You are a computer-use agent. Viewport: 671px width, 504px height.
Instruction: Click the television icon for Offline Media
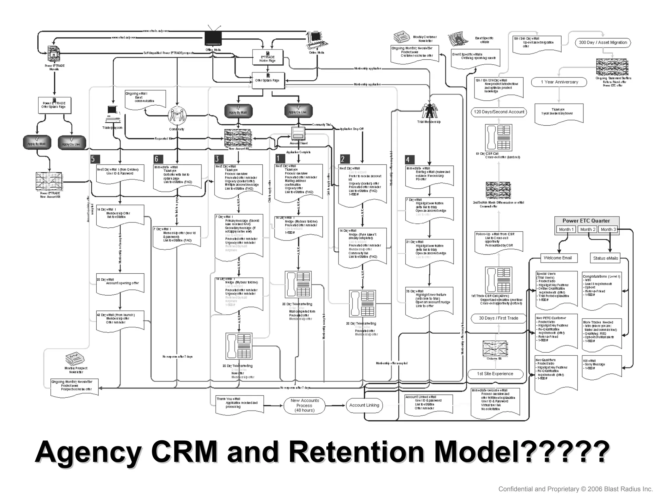(213, 37)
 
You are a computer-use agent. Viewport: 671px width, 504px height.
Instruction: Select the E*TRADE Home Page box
(267, 57)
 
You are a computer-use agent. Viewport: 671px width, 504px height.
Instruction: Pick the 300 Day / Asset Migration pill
(603, 42)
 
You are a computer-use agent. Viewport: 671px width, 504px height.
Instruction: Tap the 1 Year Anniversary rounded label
(559, 82)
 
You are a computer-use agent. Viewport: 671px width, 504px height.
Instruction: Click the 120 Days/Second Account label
(499, 112)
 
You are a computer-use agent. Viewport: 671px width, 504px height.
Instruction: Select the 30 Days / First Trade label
(498, 318)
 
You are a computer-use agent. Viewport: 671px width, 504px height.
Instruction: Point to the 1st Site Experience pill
(495, 374)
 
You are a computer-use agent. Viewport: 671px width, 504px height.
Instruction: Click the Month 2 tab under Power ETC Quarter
(588, 229)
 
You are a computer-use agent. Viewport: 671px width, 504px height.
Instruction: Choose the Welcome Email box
(558, 258)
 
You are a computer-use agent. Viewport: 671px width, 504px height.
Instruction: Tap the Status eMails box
(605, 258)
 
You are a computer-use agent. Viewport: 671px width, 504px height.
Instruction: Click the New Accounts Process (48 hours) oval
(304, 406)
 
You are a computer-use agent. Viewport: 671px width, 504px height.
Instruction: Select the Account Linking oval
(364, 405)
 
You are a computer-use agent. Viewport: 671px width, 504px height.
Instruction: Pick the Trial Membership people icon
(429, 111)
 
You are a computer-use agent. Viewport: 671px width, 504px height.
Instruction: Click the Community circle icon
(177, 115)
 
